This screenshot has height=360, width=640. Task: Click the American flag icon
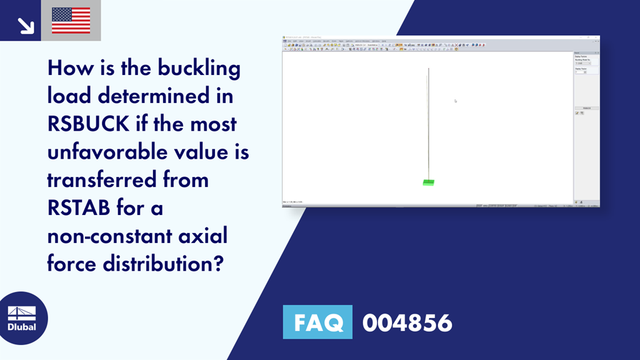[x=71, y=20]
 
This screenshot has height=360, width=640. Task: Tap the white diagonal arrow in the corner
[x=25, y=25]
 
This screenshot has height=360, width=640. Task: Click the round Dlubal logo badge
[x=22, y=317]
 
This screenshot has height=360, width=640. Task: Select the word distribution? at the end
[x=166, y=263]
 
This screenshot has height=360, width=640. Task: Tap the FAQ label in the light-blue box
[x=317, y=322]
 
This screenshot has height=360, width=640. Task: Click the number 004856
[x=407, y=322]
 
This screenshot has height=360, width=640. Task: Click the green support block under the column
[x=428, y=182]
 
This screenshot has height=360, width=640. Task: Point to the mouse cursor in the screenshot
[x=456, y=101]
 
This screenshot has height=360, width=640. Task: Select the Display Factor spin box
[x=581, y=72]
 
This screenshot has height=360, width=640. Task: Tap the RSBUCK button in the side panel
[x=586, y=108]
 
